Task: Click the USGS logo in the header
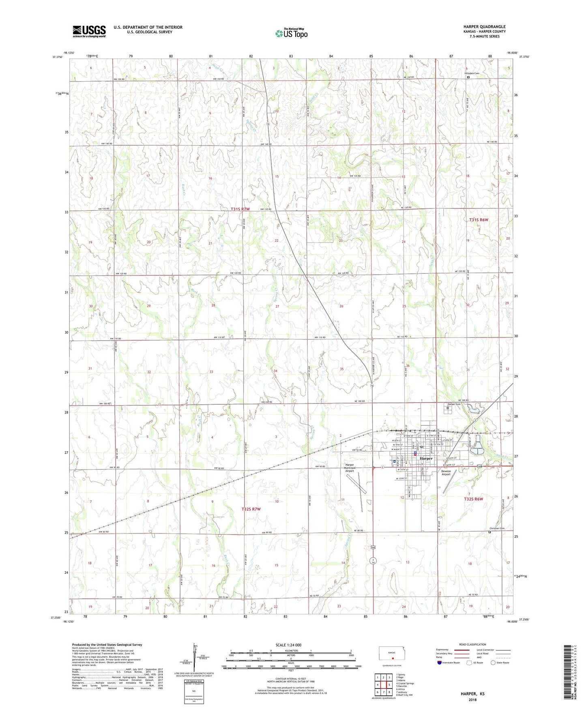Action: click(x=89, y=31)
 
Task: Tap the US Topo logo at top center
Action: click(x=291, y=33)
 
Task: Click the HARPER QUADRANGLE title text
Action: click(x=484, y=27)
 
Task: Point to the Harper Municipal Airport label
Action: click(x=350, y=468)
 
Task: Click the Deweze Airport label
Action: click(x=446, y=472)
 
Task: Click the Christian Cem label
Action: click(x=496, y=528)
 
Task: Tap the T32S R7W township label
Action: click(x=251, y=509)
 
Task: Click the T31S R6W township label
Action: click(x=479, y=220)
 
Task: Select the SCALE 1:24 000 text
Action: click(x=291, y=645)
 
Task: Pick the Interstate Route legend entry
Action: click(x=448, y=663)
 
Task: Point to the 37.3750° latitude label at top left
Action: click(x=58, y=57)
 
